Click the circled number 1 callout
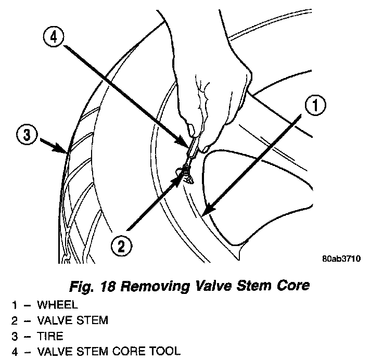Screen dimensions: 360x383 [315, 107]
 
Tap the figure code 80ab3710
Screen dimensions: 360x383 [341, 258]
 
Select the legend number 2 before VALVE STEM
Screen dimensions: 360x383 [15, 320]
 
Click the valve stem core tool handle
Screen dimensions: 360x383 [192, 143]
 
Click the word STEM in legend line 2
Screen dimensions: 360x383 [92, 320]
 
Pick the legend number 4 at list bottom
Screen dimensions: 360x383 [15, 352]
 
